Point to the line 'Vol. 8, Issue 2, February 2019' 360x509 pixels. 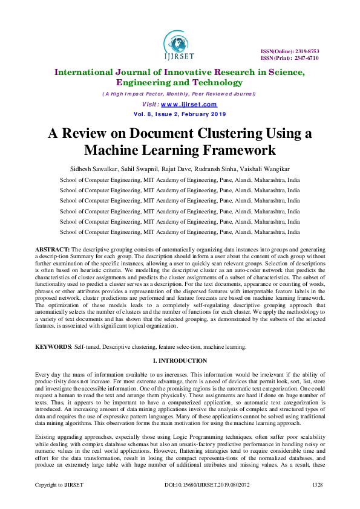179,114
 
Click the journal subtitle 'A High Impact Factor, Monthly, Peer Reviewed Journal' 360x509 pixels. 179,94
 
